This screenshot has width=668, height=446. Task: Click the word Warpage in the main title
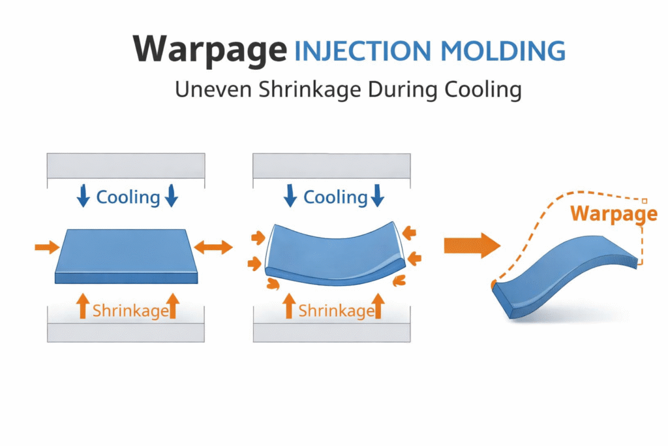[x=209, y=50]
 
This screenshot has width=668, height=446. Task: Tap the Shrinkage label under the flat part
[x=130, y=310]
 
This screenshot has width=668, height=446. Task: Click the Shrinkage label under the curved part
[x=336, y=310]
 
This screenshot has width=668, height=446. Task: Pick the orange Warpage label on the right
[x=613, y=214]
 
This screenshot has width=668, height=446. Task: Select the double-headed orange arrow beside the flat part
[x=213, y=247]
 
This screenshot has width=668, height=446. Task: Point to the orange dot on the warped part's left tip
[x=493, y=285]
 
